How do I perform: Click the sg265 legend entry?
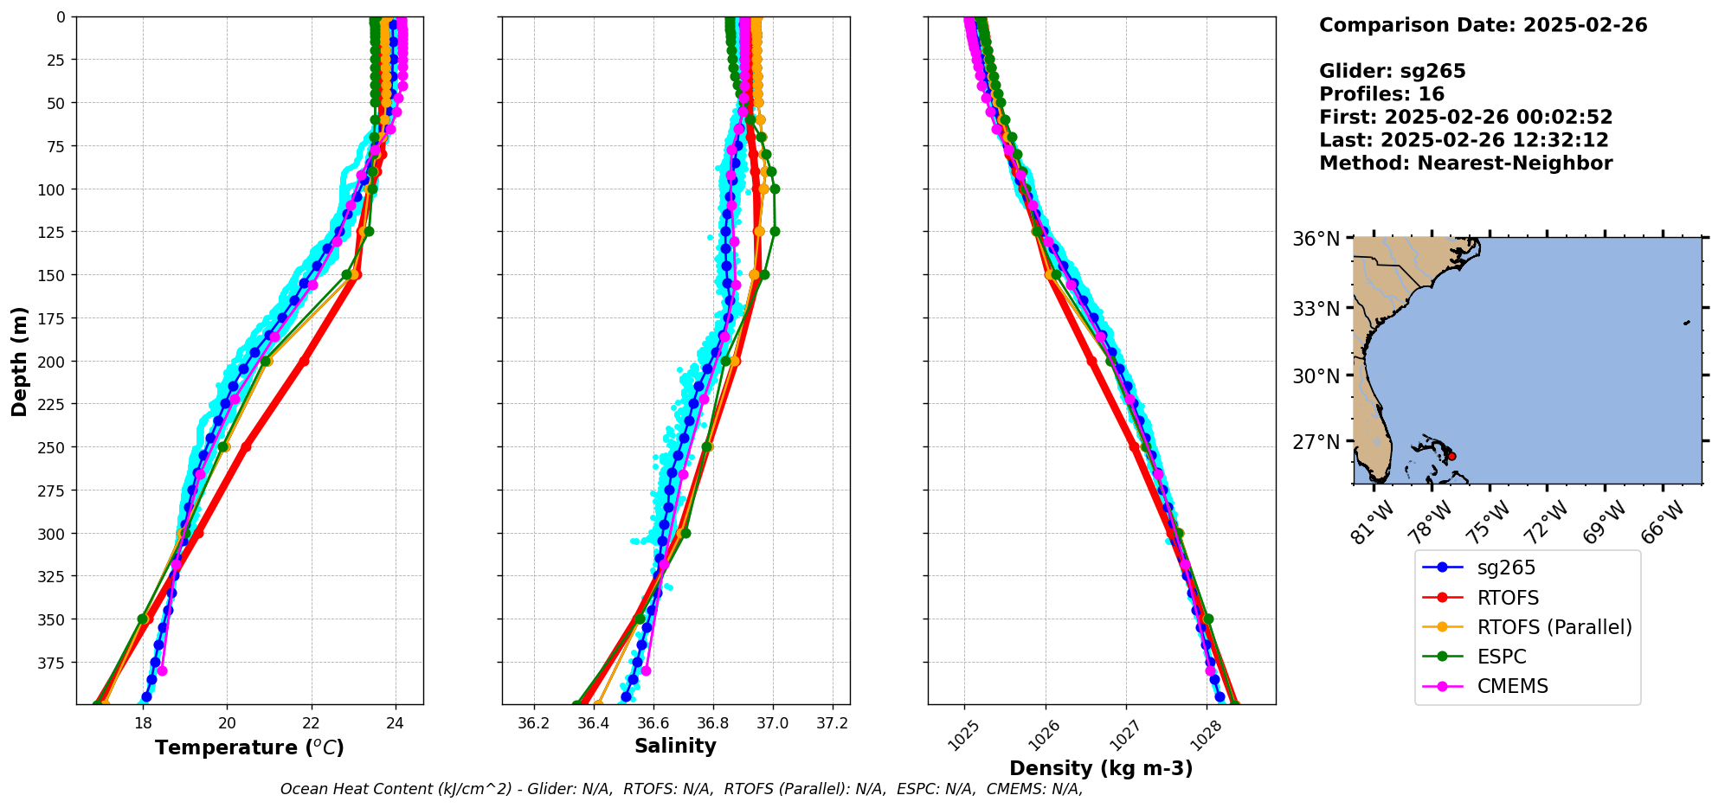pos(1505,568)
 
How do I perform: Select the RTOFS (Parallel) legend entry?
pos(1554,627)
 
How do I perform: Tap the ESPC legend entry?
pos(1501,657)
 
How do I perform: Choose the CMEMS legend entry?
pos(1512,686)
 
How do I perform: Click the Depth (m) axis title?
pos(19,361)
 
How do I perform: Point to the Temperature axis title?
pos(249,747)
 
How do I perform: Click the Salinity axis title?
pos(675,746)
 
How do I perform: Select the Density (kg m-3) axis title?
pos(1101,768)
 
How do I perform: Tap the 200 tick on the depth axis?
pos(54,361)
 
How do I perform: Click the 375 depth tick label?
pos(54,663)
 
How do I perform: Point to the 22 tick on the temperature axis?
pos(311,723)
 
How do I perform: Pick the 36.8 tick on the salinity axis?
pos(712,723)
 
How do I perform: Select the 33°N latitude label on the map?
pos(1316,309)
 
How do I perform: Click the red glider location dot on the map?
pos(1451,456)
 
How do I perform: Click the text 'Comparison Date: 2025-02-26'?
pos(1483,25)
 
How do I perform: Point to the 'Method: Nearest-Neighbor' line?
pos(1465,164)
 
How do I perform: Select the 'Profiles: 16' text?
pos(1381,94)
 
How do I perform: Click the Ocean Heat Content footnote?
pos(681,789)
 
